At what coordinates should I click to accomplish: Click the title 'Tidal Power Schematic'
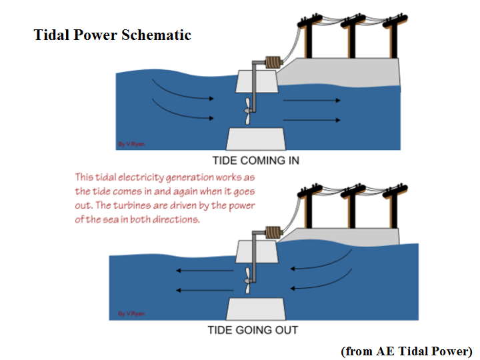(112, 35)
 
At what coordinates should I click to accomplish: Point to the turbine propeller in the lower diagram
(248, 282)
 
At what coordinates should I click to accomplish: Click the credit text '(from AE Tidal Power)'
(406, 351)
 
